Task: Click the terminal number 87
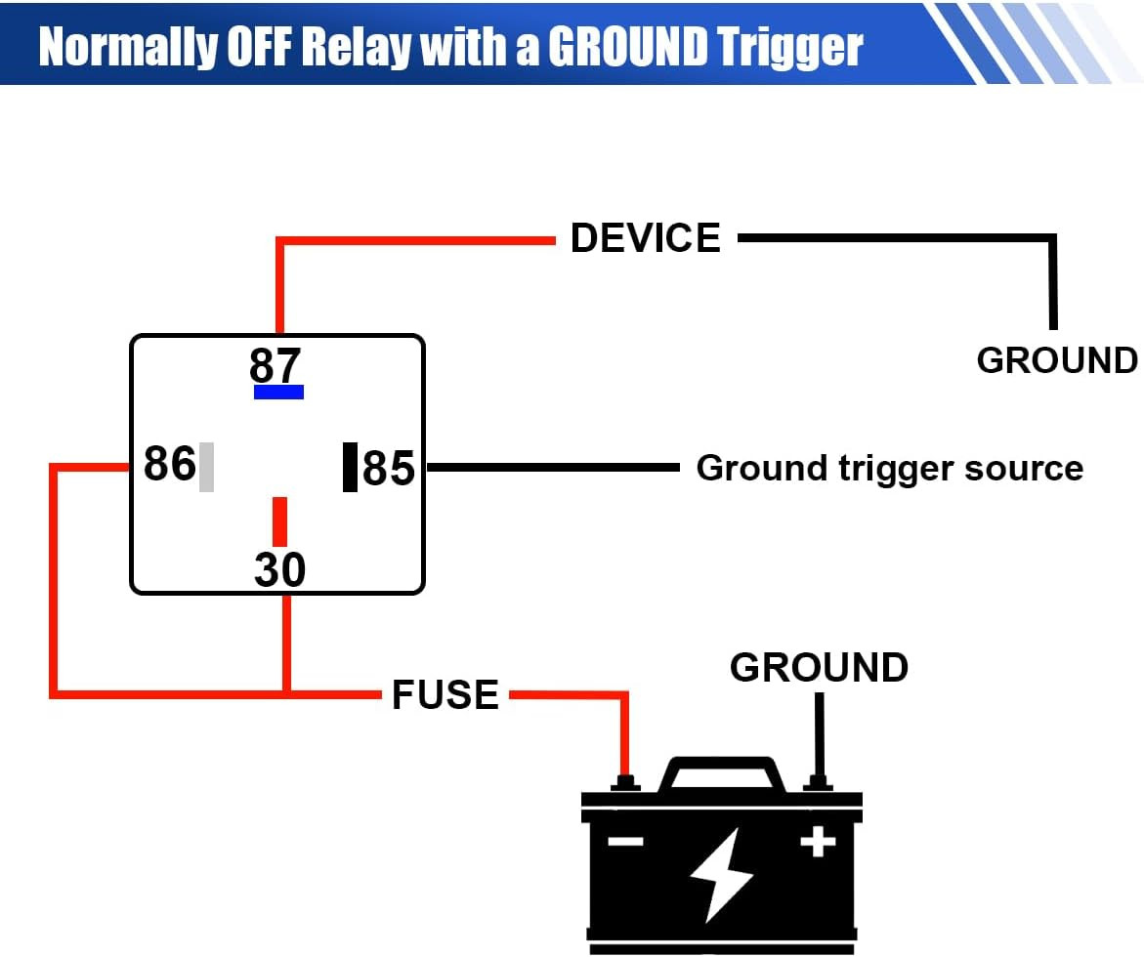[x=275, y=365]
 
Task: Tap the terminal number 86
[x=169, y=464]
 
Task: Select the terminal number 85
[x=389, y=469]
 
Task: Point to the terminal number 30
[x=279, y=570]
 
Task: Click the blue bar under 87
[x=278, y=392]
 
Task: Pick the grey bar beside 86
[x=206, y=467]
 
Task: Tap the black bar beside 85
[x=350, y=467]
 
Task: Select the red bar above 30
[x=279, y=521]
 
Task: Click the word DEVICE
[x=645, y=238]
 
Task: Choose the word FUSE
[x=445, y=695]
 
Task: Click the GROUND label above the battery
[x=819, y=668]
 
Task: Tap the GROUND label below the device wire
[x=1057, y=360]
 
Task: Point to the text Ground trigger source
[x=889, y=468]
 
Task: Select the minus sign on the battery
[x=626, y=840]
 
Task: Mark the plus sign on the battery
[x=817, y=840]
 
